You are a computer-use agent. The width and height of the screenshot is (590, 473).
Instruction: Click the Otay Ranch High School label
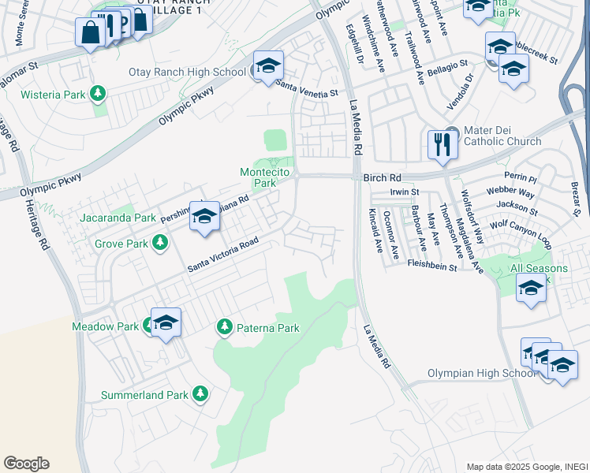point(188,73)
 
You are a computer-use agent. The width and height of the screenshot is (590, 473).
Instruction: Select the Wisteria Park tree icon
point(98,95)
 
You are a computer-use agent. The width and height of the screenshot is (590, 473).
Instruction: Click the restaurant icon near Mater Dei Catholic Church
point(442,144)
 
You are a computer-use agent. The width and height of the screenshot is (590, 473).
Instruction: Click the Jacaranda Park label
point(117,218)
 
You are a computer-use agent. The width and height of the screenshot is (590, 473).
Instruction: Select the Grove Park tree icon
point(160,243)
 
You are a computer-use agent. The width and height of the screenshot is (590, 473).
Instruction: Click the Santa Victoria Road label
point(223,256)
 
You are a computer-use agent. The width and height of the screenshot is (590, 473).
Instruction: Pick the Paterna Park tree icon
point(225,326)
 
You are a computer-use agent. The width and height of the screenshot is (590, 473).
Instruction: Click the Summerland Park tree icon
point(200,393)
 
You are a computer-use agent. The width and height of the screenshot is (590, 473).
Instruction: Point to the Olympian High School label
point(482,373)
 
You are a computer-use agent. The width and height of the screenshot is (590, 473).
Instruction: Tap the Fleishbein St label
point(431,267)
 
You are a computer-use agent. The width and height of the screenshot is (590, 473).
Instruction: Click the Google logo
point(26,464)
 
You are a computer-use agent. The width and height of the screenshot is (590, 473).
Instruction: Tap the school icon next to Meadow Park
point(166,322)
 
